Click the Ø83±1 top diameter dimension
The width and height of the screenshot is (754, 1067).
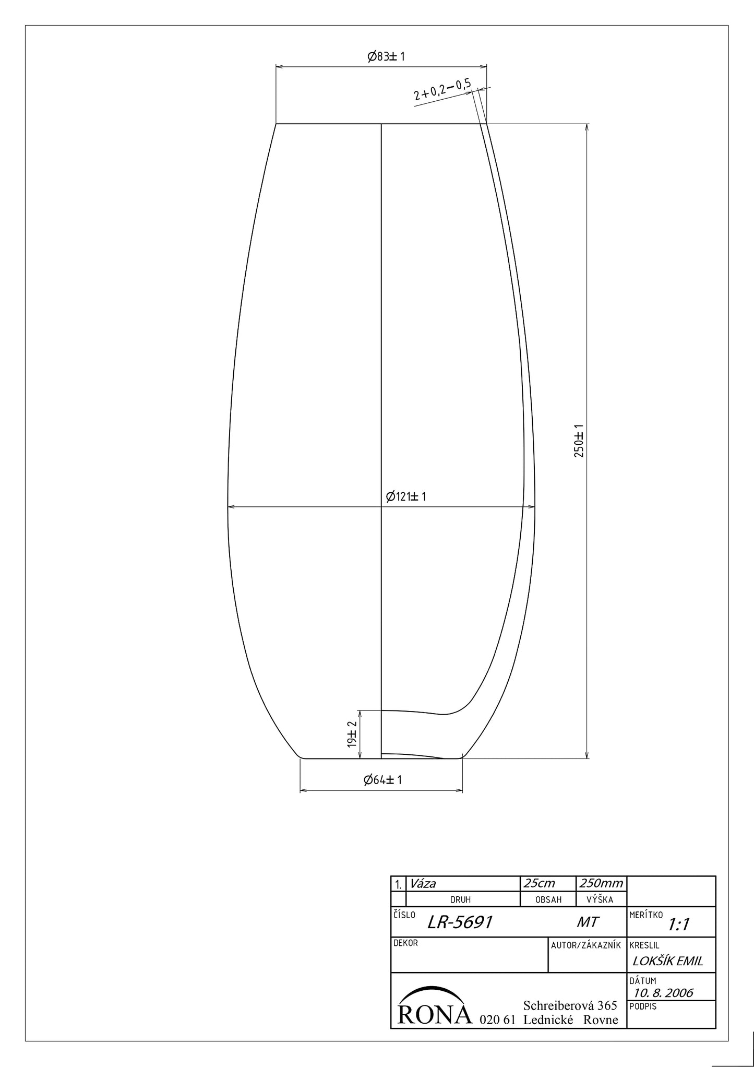pos(386,56)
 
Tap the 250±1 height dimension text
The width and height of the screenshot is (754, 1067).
pos(579,441)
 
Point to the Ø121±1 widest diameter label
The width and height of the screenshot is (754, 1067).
pos(406,496)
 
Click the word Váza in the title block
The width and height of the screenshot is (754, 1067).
pos(423,883)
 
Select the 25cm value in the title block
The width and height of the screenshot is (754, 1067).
pos(540,883)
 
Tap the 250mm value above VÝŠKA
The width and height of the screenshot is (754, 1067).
pos(601,883)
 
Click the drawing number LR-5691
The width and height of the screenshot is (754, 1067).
pos(460,922)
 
